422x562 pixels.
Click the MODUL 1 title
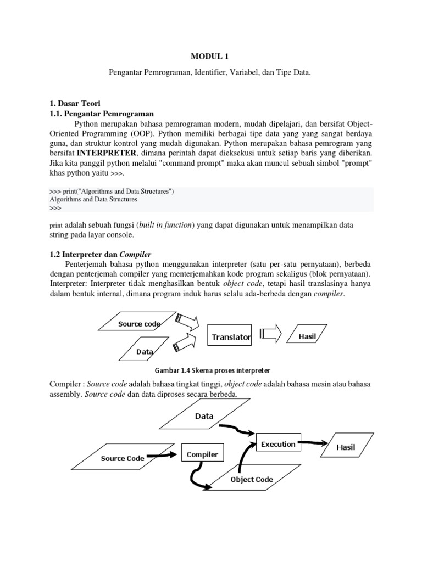click(x=211, y=56)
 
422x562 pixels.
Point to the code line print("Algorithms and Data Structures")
click(x=112, y=191)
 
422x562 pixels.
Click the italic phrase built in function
click(x=163, y=225)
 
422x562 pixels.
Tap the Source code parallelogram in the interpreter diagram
click(x=139, y=324)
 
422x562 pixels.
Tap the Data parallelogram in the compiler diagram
click(x=204, y=416)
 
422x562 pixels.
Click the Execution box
click(x=277, y=444)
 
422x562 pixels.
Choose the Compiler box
click(x=202, y=454)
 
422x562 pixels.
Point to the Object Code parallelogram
click(x=252, y=479)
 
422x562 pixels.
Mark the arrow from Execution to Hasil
click(x=313, y=443)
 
